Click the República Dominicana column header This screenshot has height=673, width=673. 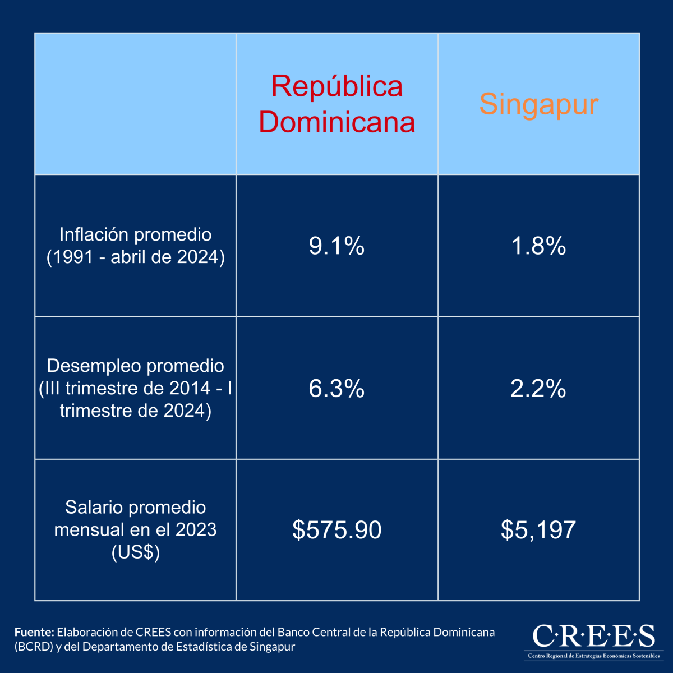tap(336, 104)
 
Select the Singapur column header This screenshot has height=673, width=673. tap(538, 104)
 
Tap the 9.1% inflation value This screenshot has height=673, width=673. tap(336, 246)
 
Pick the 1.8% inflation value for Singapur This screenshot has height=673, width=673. tap(538, 246)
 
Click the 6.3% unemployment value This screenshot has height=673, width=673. tap(336, 388)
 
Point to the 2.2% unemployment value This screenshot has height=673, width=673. tap(538, 388)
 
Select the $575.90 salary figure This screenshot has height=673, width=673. tap(336, 530)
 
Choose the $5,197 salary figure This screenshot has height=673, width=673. tap(538, 530)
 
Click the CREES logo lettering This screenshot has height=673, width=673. tap(593, 636)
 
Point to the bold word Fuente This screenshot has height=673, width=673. tap(34, 632)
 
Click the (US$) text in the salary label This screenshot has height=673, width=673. tap(135, 552)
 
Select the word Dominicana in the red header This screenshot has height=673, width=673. tap(336, 122)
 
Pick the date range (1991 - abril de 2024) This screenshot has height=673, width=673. tap(135, 257)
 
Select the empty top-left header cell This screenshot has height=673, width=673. tap(135, 104)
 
